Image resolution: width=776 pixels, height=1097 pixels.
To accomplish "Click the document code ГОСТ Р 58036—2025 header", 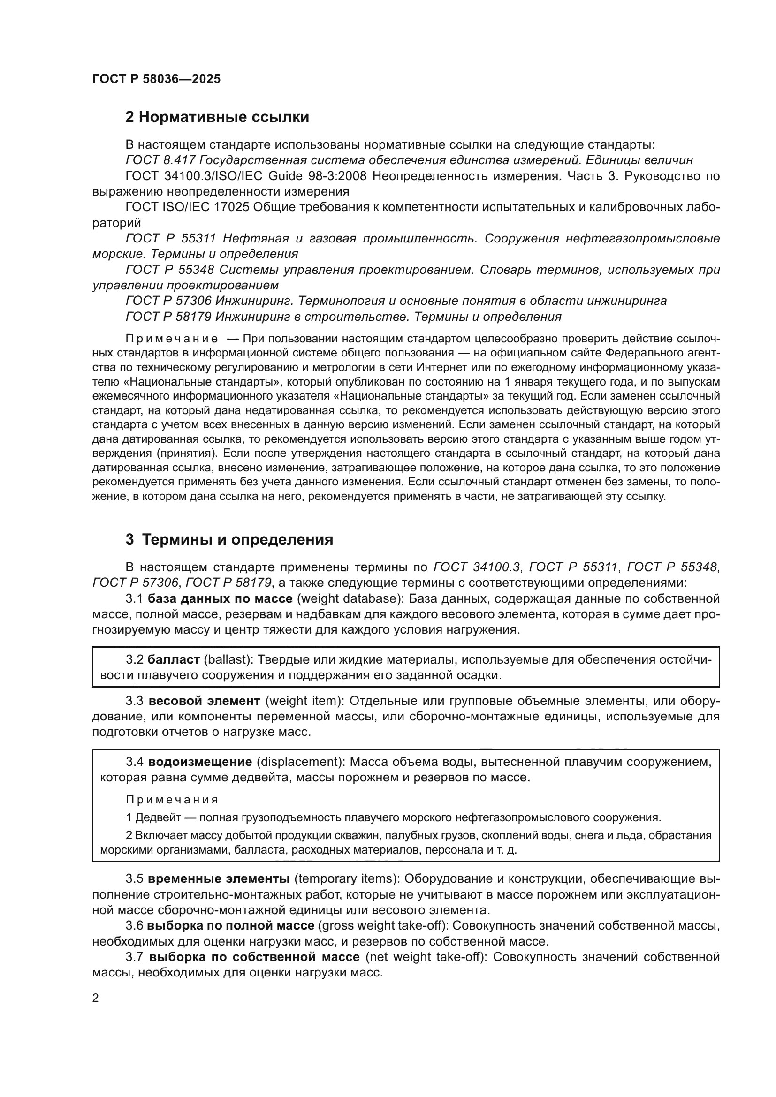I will click(157, 79).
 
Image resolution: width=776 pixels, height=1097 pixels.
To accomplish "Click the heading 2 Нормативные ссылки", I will click(217, 117).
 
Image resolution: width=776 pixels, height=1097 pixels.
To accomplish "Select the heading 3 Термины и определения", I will click(229, 540).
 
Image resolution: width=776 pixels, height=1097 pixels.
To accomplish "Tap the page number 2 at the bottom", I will click(96, 998).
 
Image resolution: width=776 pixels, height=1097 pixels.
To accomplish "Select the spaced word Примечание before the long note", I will click(172, 339).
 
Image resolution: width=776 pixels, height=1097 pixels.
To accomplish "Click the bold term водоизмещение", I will click(200, 762).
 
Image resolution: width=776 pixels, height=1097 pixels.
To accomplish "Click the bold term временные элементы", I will click(219, 877).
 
